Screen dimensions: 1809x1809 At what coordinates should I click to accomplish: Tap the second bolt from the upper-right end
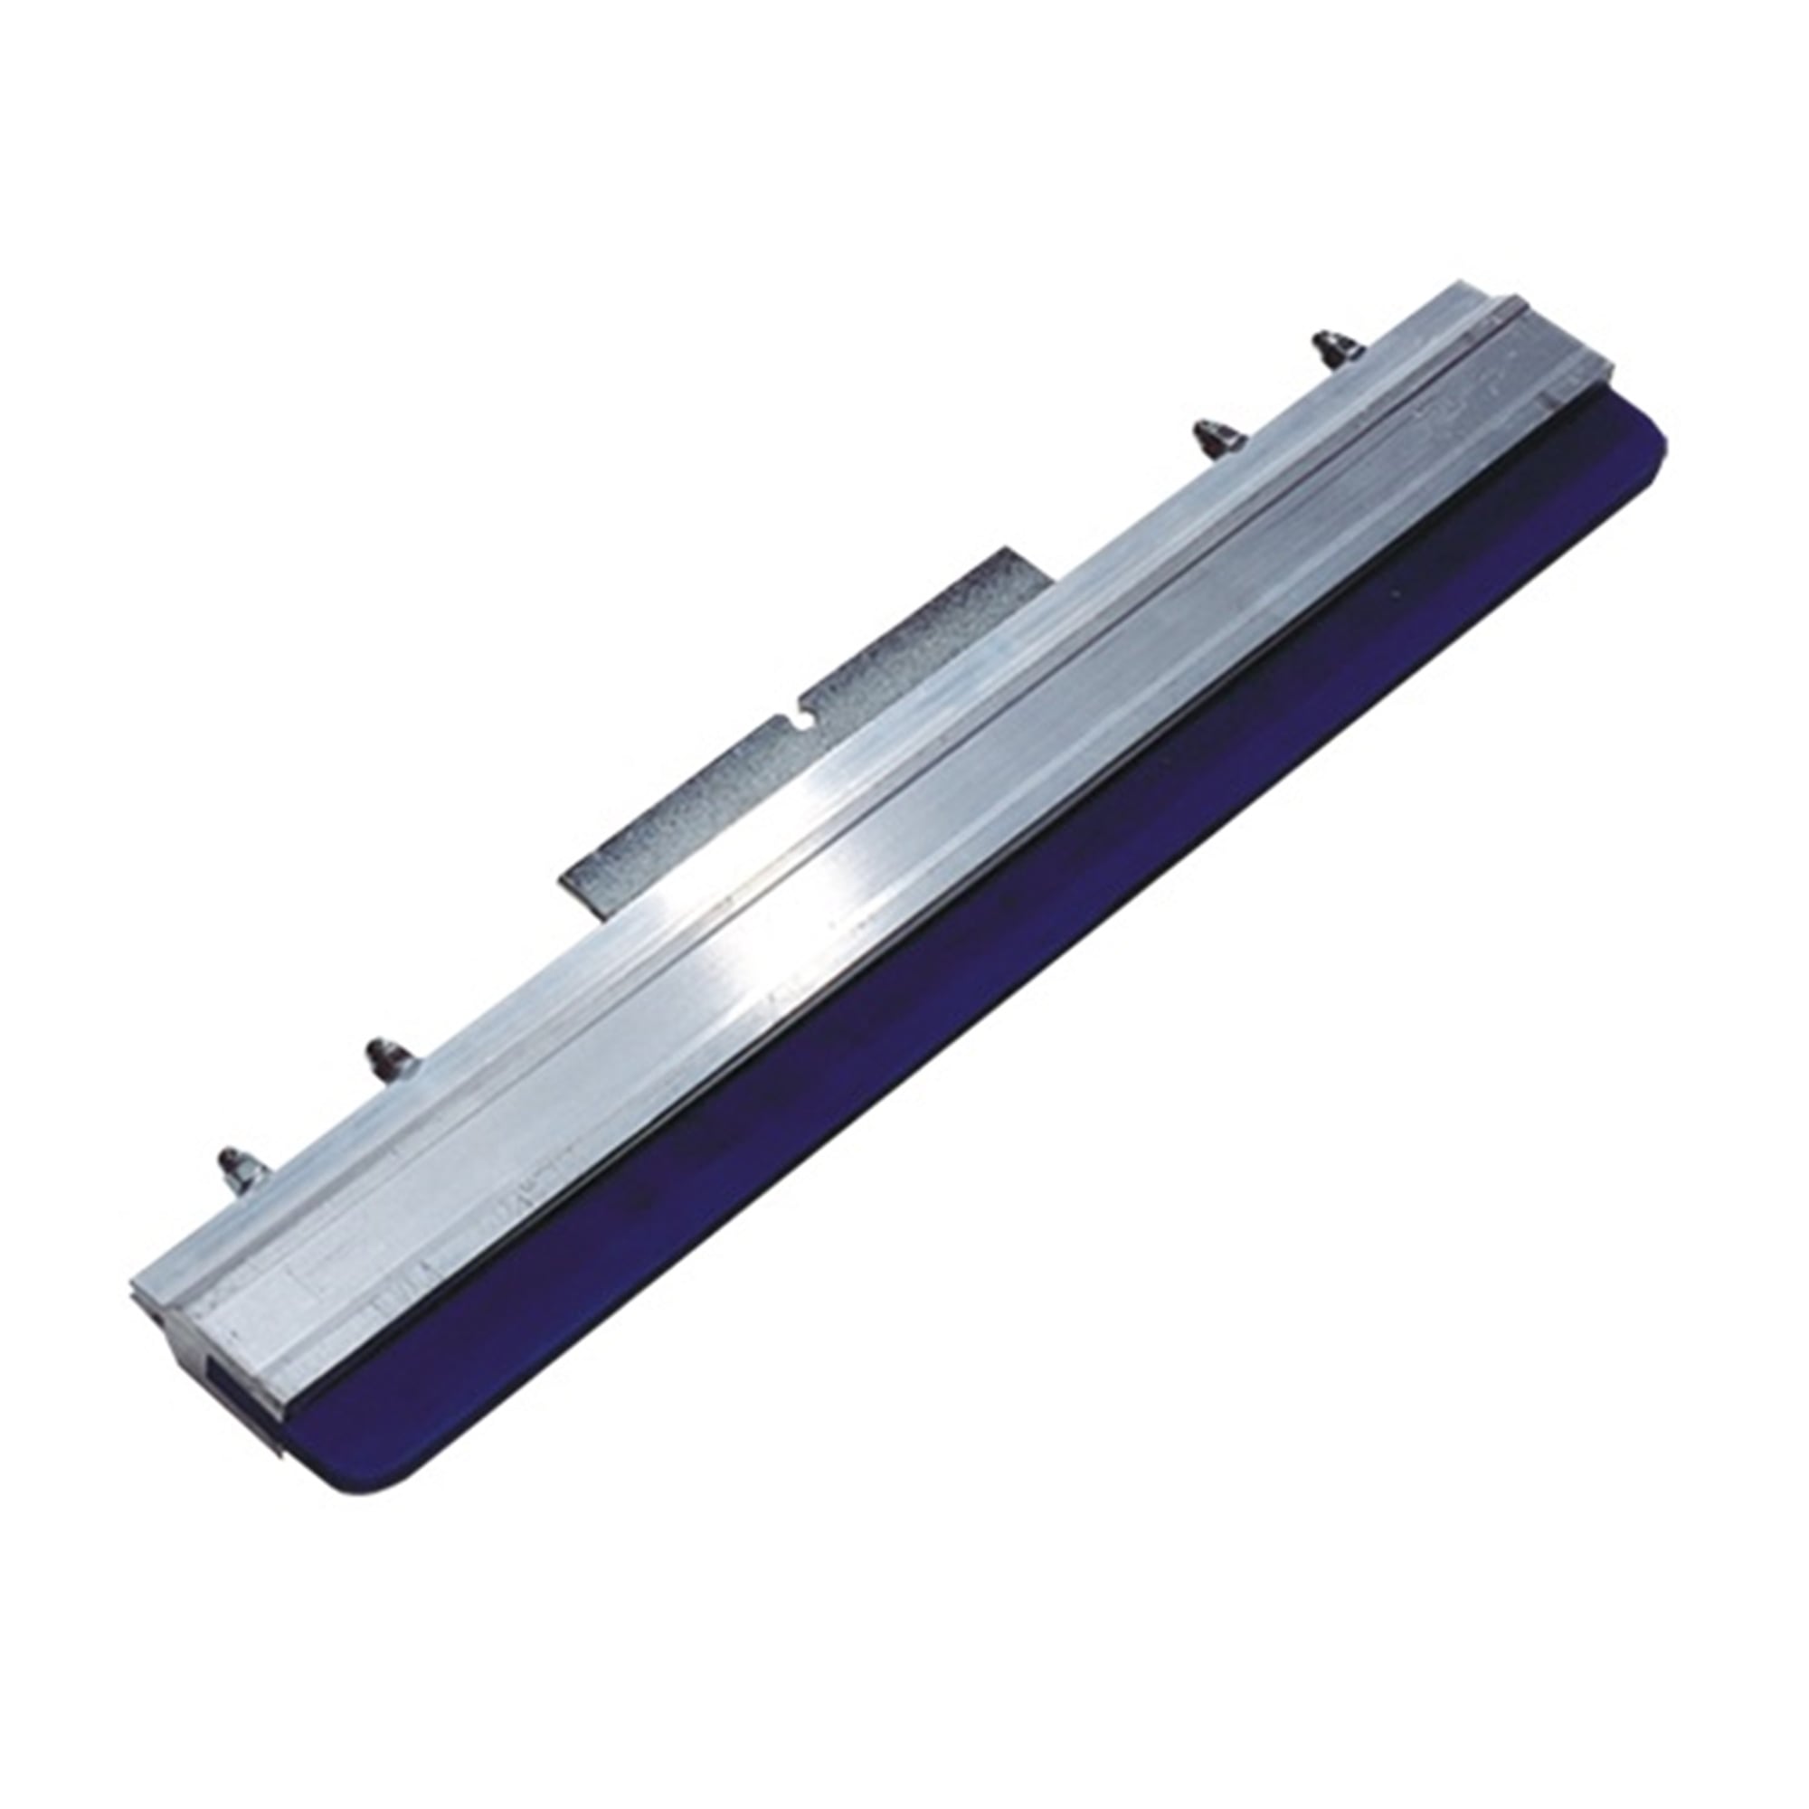(1204, 437)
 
